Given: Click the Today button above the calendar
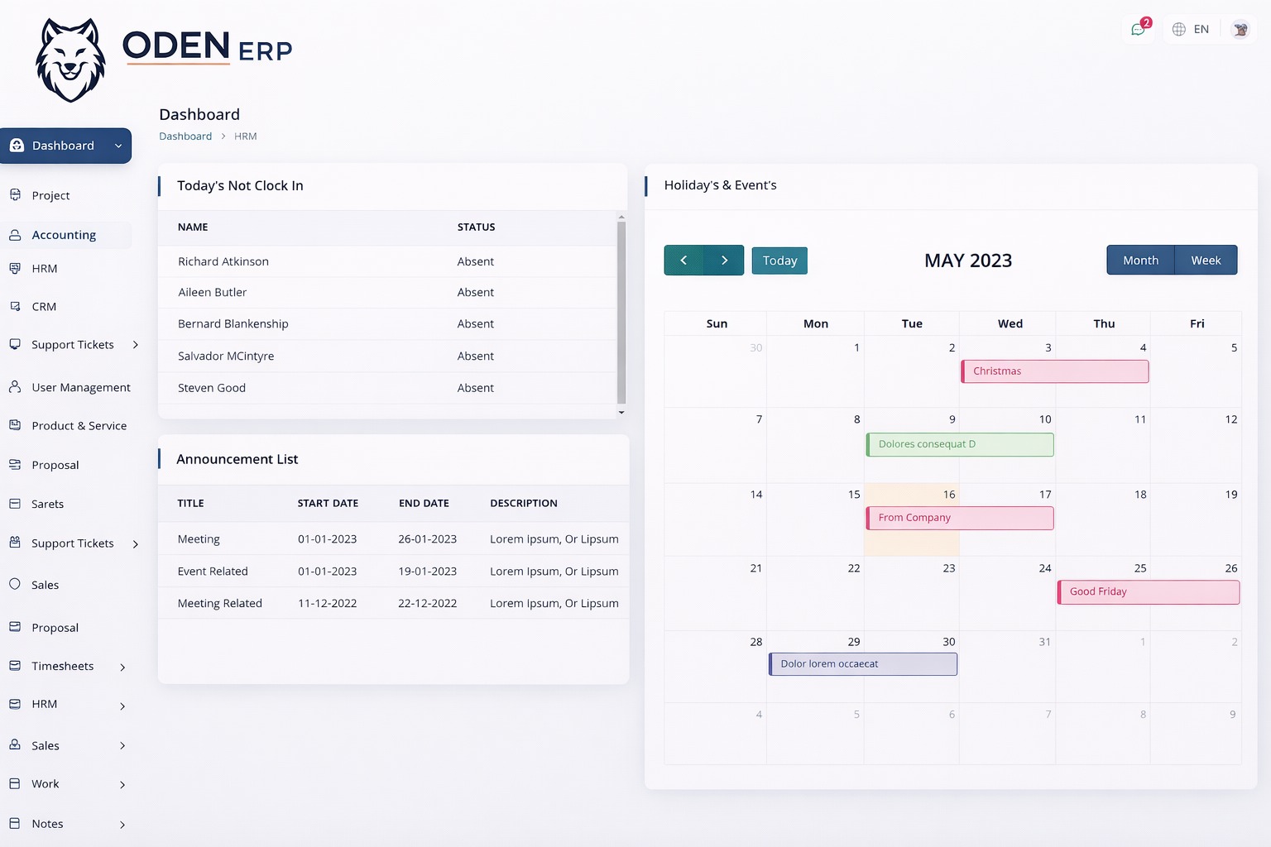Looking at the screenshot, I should point(779,261).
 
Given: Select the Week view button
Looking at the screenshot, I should point(1206,260).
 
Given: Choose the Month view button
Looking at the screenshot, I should point(1140,260).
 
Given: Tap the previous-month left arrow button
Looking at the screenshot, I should point(683,260).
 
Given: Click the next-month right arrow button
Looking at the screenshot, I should point(724,260).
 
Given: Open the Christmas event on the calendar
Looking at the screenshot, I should point(1055,371).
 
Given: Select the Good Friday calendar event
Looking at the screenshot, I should point(1149,592).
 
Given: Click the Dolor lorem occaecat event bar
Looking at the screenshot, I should point(863,664).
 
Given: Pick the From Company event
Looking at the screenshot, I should point(960,518).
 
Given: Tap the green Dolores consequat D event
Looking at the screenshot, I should point(960,445).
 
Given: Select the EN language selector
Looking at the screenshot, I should point(1192,29).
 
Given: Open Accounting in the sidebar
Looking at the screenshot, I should point(64,235).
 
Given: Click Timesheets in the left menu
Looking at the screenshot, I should point(63,666).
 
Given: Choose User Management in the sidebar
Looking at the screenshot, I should point(81,387).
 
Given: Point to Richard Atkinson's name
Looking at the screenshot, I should point(223,261).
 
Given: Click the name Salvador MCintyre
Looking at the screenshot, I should point(226,356).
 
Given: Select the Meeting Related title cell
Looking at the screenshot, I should point(220,603).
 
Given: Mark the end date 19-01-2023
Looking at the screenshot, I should point(427,571).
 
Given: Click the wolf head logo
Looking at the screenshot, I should point(71,60).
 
